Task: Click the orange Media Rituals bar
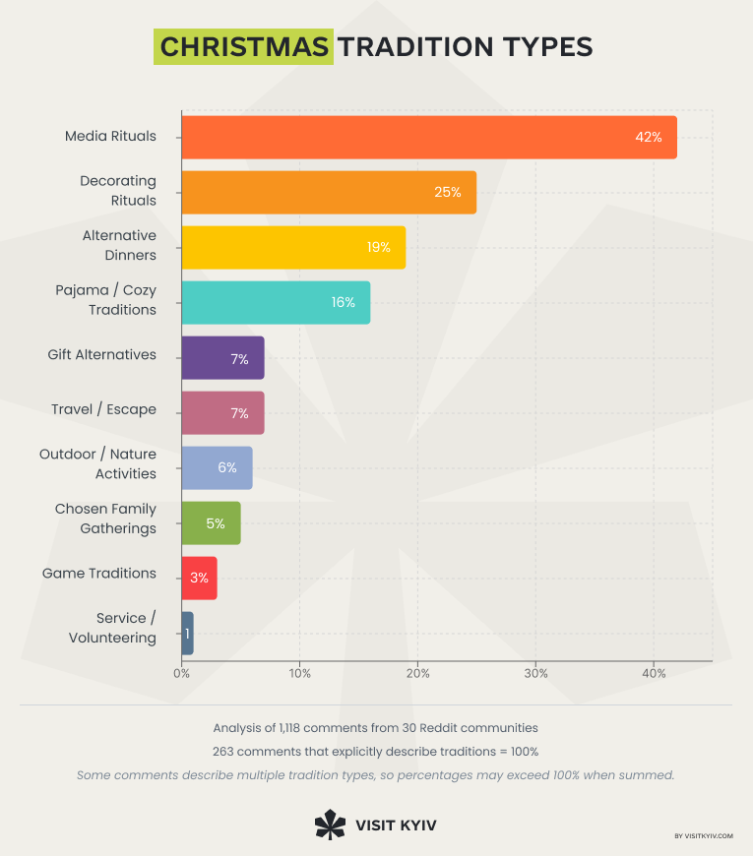429,137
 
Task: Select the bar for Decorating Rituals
329,192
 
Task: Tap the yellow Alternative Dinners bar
293,247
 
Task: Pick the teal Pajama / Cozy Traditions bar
276,302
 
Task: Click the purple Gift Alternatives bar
222,358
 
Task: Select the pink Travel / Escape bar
222,413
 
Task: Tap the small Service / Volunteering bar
187,634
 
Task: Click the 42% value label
648,137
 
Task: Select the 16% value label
343,302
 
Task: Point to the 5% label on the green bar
216,523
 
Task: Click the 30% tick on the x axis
535,673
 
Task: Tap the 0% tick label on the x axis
182,673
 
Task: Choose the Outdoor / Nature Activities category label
97,463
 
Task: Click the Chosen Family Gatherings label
105,519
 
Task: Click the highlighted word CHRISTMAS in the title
243,47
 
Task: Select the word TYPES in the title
548,47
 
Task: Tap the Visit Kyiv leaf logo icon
329,824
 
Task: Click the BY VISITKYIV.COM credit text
704,836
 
